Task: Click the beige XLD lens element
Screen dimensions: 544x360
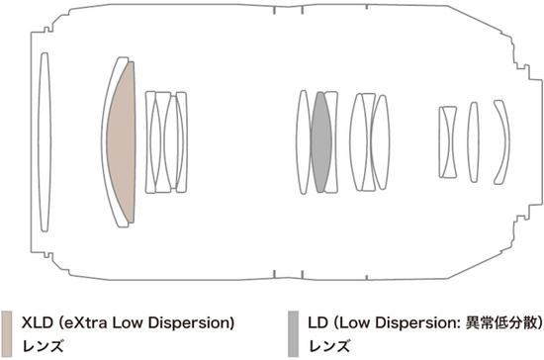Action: point(122,142)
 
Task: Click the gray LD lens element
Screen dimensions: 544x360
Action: point(320,142)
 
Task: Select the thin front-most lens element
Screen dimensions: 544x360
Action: point(45,142)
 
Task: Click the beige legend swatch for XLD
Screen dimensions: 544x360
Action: point(7,334)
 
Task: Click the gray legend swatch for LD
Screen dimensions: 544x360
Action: point(293,334)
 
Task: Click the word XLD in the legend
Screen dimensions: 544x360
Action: point(38,322)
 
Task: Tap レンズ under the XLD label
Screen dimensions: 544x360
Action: point(43,346)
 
